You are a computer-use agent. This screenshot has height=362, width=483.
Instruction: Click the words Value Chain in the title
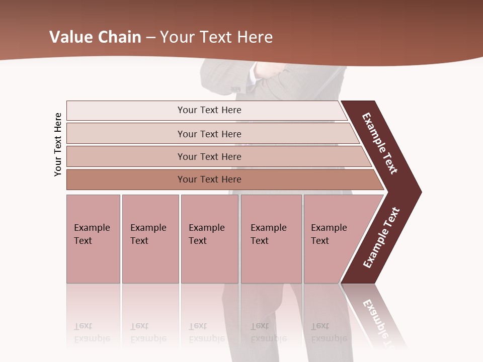tap(95, 37)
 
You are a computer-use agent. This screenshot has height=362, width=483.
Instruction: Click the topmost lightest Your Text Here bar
tap(209, 110)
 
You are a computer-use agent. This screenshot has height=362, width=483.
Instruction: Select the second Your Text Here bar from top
tap(209, 134)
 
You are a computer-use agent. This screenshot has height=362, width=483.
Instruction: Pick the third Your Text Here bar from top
tap(209, 156)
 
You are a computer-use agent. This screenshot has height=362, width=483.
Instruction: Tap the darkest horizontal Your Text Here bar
tap(209, 179)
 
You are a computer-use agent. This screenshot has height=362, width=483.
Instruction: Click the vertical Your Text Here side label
tap(58, 144)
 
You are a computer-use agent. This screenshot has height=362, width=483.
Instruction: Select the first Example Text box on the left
tap(93, 238)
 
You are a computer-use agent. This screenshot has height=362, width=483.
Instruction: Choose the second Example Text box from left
tap(150, 238)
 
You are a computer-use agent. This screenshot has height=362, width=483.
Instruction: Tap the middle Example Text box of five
tap(209, 238)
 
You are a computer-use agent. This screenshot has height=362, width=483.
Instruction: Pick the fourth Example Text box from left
tap(271, 238)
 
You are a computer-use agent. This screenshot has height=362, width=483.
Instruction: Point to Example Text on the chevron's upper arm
tap(380, 143)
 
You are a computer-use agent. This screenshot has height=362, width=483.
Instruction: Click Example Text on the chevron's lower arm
tap(381, 238)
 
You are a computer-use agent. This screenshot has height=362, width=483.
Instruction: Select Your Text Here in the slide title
tap(216, 37)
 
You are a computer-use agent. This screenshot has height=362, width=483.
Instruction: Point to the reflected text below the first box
tap(92, 332)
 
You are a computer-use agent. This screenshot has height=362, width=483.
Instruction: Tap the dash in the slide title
tap(150, 37)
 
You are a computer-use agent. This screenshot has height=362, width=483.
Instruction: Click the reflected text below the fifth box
tap(328, 332)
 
